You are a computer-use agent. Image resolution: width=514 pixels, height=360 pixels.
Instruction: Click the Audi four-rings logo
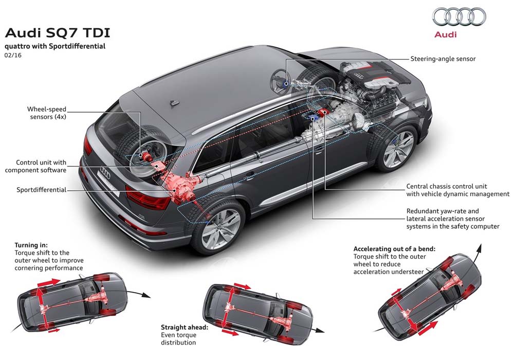pyautogui.click(x=459, y=16)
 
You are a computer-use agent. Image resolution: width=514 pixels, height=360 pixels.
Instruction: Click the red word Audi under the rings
pyautogui.click(x=445, y=34)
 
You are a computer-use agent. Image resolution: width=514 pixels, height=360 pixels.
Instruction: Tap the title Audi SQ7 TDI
pyautogui.click(x=57, y=33)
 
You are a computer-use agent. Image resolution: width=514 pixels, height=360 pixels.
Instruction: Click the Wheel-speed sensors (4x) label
pyautogui.click(x=47, y=113)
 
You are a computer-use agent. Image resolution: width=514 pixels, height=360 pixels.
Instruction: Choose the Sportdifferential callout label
pyautogui.click(x=41, y=190)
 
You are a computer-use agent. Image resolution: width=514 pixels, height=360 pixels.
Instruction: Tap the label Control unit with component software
pyautogui.click(x=41, y=166)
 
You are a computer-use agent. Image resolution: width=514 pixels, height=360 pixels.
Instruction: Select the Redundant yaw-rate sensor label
pyautogui.click(x=452, y=219)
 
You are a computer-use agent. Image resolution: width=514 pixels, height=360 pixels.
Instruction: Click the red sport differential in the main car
pyautogui.click(x=177, y=185)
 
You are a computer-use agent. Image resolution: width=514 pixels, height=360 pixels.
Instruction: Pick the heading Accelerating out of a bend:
pyautogui.click(x=394, y=248)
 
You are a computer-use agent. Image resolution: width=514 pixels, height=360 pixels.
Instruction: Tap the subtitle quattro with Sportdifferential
pyautogui.click(x=55, y=46)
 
